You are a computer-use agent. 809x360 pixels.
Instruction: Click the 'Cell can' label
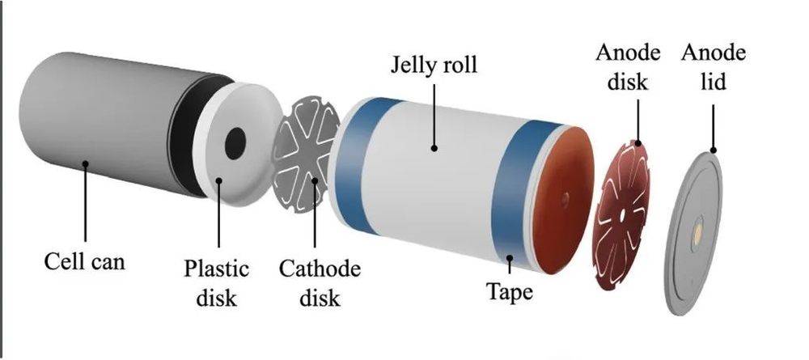pyautogui.click(x=85, y=261)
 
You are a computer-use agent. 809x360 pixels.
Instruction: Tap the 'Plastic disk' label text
pyautogui.click(x=217, y=283)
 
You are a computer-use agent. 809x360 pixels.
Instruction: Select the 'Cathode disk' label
pyautogui.click(x=320, y=283)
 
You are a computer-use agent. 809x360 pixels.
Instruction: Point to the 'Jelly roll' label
pyautogui.click(x=434, y=65)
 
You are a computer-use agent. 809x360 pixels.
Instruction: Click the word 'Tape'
pyautogui.click(x=510, y=292)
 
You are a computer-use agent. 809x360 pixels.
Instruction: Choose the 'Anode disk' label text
pyautogui.click(x=628, y=67)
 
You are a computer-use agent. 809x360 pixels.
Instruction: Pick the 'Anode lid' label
pyautogui.click(x=714, y=67)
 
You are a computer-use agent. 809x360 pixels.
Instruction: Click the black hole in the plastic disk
pyautogui.click(x=235, y=143)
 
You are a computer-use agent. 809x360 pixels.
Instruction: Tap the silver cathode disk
pyautogui.click(x=306, y=154)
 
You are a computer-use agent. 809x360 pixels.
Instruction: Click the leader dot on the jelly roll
pyautogui.click(x=434, y=149)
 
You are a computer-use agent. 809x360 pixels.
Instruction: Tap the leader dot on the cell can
pyautogui.click(x=85, y=163)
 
